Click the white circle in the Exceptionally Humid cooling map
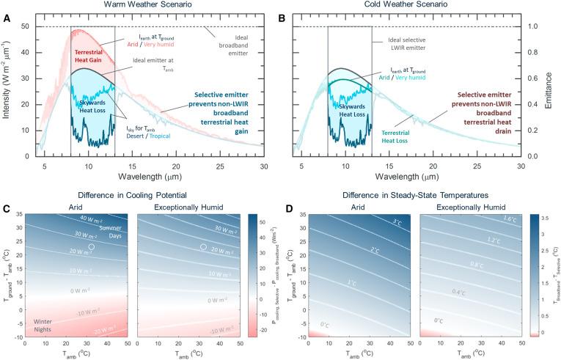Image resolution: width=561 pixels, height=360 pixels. [203, 247]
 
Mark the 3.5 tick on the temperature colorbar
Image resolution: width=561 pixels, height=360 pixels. [551, 218]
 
